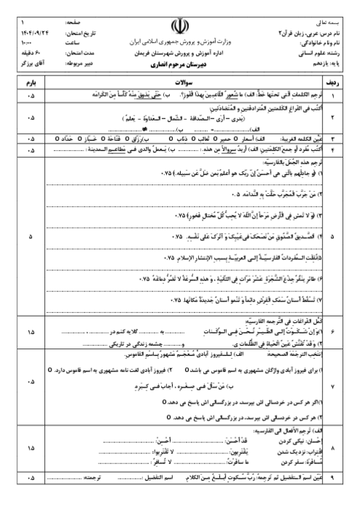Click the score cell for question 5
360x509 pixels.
[x=30, y=237]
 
